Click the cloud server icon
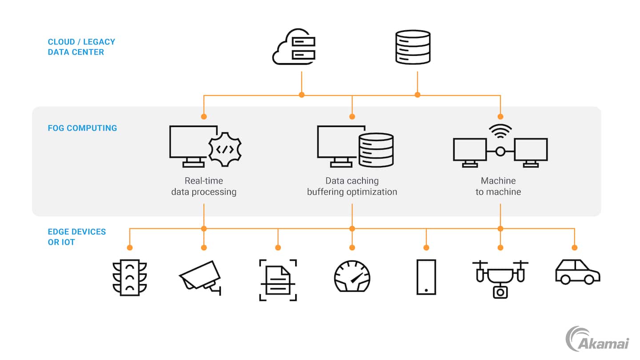[x=294, y=47]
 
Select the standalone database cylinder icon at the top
[x=413, y=47]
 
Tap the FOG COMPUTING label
[x=82, y=128]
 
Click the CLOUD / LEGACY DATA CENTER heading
[x=81, y=47]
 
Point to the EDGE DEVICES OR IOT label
[x=77, y=237]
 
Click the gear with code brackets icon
[x=225, y=149]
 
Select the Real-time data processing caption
[x=204, y=187]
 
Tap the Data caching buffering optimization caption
[x=352, y=187]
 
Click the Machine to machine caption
[x=498, y=187]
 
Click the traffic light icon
[x=129, y=277]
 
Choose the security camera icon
[x=200, y=276]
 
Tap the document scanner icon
[x=278, y=280]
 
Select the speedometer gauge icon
[x=352, y=276]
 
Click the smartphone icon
[x=426, y=277]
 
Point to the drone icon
[x=500, y=278]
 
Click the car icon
[x=577, y=272]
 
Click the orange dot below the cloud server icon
[x=302, y=95]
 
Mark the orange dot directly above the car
[x=574, y=248]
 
